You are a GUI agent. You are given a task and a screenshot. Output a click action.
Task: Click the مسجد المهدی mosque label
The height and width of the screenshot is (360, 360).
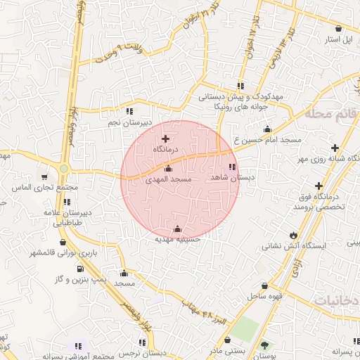click(x=168, y=180)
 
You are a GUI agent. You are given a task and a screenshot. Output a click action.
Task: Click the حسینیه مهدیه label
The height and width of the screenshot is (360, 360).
click(x=178, y=239)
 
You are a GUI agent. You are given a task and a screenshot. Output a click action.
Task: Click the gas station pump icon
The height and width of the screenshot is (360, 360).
click(x=79, y=268)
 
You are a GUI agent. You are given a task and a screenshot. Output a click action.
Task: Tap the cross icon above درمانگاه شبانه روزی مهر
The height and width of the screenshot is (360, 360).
click(x=335, y=148)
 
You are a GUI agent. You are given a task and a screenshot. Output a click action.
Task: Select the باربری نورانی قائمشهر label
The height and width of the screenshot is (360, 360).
click(x=57, y=252)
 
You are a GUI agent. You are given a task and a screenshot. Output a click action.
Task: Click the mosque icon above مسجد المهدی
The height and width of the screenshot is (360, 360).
click(x=168, y=169)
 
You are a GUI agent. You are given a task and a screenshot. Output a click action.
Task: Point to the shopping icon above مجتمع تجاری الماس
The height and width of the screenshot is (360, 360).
click(x=45, y=177)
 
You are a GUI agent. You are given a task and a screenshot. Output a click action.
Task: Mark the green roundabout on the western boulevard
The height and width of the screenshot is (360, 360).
click(x=64, y=169)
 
